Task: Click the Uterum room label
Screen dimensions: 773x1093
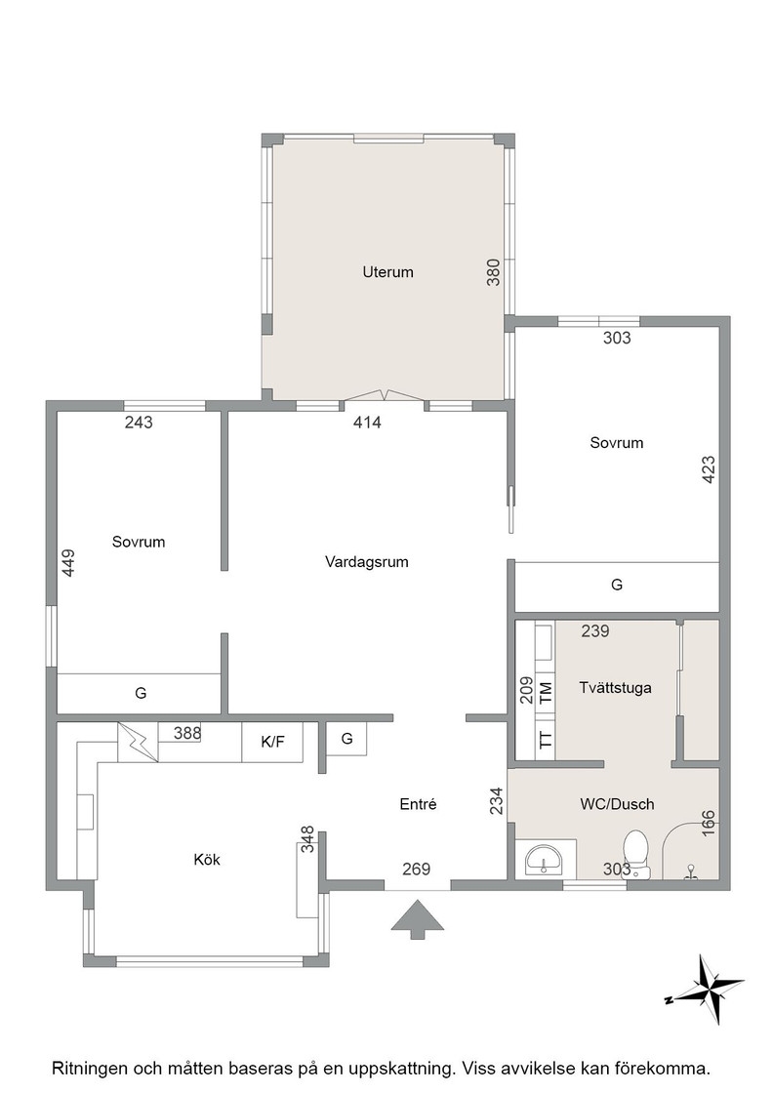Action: coord(387,272)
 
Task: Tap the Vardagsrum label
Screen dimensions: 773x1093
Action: coord(367,562)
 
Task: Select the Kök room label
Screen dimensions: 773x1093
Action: coord(207,860)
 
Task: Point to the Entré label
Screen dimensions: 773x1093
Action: coord(418,804)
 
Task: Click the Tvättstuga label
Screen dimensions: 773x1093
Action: coord(616,688)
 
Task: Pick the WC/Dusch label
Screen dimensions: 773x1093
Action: coord(617,804)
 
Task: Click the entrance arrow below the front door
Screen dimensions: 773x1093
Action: coord(418,919)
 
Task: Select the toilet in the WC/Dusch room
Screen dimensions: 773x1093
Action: coord(636,853)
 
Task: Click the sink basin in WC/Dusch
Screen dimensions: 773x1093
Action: coord(545,860)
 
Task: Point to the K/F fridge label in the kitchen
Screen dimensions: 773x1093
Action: coord(272,742)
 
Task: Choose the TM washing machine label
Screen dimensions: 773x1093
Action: coord(546,693)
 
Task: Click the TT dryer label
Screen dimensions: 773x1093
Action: coord(546,740)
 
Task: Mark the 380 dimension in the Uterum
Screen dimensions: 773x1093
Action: coord(493,272)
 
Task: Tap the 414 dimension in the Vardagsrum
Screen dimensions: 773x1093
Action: coord(367,423)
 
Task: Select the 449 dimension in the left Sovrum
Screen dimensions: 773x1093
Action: coord(68,562)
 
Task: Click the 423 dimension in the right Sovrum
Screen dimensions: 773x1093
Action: coord(708,469)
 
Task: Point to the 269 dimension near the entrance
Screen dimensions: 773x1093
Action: coord(416,870)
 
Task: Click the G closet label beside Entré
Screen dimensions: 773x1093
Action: coord(347,739)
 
